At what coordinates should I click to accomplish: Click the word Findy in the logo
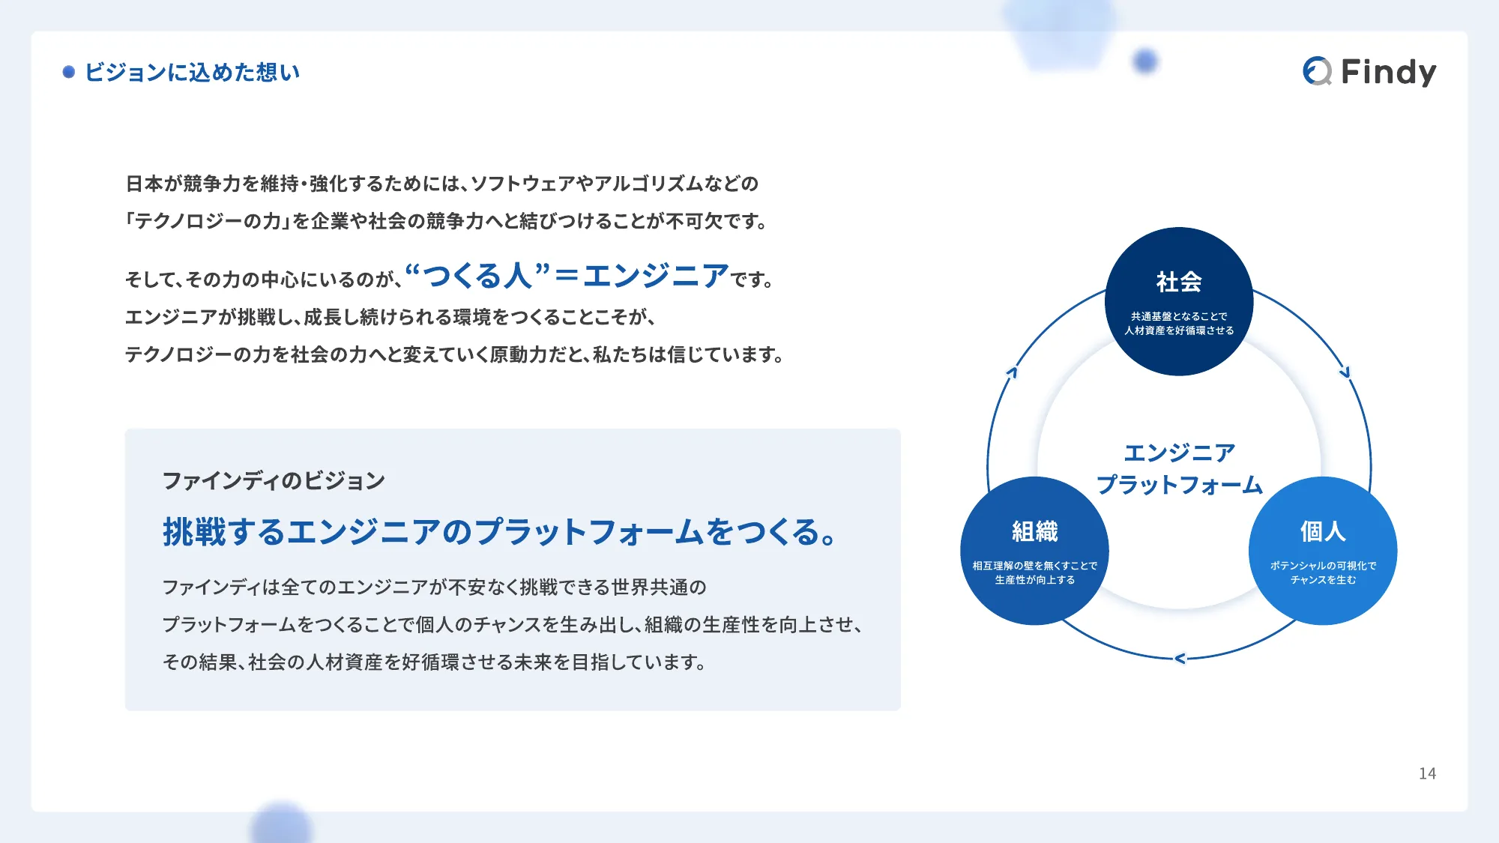pos(1388,72)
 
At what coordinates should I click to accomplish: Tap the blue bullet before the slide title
pos(69,72)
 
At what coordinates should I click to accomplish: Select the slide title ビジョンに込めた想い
pos(193,72)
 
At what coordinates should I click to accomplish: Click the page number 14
pos(1427,773)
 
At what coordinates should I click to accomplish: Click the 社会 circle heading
pos(1179,282)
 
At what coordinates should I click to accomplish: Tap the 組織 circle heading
pos(1034,531)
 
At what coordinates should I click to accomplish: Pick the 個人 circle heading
pos(1323,531)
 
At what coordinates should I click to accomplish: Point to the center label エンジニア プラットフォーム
pos(1179,468)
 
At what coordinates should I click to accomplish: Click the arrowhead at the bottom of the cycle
pos(1180,659)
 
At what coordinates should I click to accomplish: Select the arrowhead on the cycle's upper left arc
pos(1012,372)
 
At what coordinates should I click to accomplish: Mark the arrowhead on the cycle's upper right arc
pos(1345,372)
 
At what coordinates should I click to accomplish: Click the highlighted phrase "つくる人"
pos(477,276)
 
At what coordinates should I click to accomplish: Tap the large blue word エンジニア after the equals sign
pos(656,276)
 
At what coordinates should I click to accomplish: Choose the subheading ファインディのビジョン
pos(274,480)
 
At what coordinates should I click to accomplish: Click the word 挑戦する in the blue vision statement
pos(224,532)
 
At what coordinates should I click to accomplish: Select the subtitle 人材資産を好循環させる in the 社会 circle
pos(1179,330)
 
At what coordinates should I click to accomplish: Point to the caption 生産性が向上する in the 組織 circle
pos(1034,580)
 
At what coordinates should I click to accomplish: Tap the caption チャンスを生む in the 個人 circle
pos(1323,580)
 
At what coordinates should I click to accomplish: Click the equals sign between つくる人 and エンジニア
pos(567,277)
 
